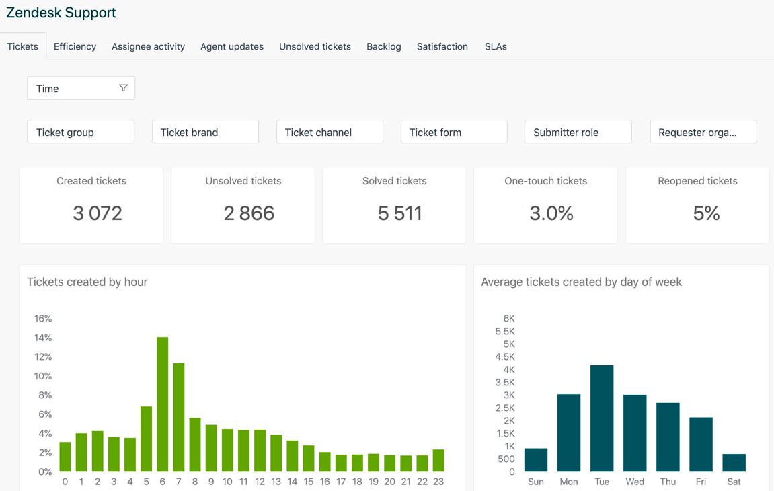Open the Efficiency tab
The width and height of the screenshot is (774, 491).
(x=75, y=46)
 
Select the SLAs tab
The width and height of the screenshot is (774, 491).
(x=496, y=46)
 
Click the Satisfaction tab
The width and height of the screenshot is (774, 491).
(x=442, y=46)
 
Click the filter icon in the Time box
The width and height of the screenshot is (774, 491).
(x=123, y=88)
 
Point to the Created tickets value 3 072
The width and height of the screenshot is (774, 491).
(x=98, y=213)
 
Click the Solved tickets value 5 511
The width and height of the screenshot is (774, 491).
(x=400, y=213)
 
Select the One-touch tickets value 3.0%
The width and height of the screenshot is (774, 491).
(x=551, y=213)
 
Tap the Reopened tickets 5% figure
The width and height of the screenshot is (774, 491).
(x=706, y=213)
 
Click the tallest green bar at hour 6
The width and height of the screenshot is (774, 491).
(x=163, y=404)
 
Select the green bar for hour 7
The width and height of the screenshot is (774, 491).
(x=179, y=417)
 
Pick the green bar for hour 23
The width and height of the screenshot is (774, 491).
(x=438, y=461)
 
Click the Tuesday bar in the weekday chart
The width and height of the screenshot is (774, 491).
(x=602, y=418)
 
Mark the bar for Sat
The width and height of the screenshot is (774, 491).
(x=734, y=463)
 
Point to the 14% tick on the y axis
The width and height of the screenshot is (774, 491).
(x=43, y=338)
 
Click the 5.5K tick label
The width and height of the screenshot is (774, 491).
(x=505, y=332)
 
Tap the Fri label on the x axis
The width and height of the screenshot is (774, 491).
(x=701, y=482)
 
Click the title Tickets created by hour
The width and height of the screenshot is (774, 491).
(x=87, y=282)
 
